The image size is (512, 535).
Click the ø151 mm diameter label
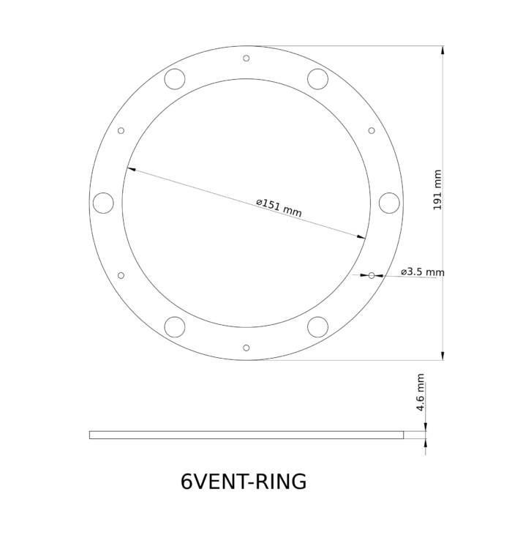tap(279, 208)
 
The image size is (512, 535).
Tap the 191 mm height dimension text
tap(437, 190)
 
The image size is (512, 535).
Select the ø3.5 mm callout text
tap(423, 272)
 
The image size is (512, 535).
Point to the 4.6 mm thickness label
tap(421, 392)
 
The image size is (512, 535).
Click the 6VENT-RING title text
tap(244, 482)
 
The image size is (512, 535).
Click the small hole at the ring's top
tap(246, 59)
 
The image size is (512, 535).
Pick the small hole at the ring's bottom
tap(246, 348)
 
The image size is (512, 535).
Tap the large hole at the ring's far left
tap(103, 203)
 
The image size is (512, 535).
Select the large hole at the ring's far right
tap(389, 203)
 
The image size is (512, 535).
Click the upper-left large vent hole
tap(175, 79)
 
